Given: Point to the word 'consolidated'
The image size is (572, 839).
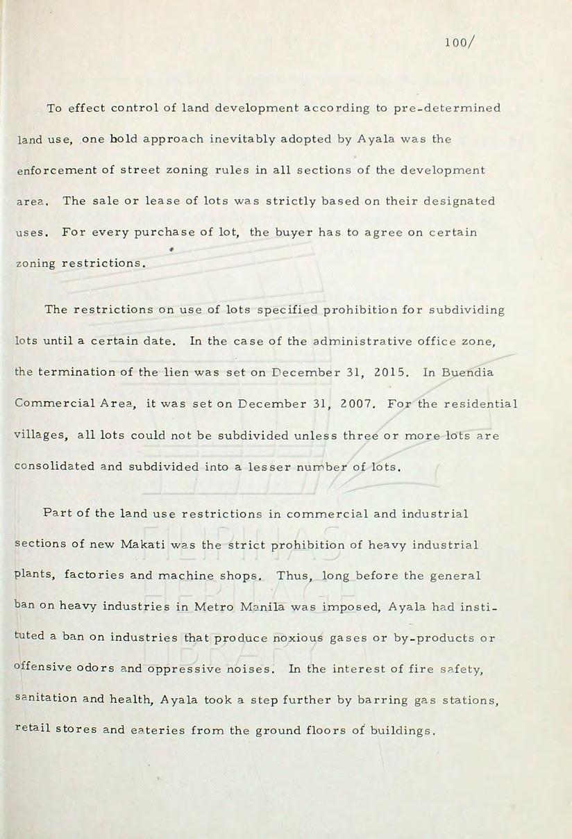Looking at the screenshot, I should point(54,467).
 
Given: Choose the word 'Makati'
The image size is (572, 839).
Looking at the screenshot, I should point(144,545).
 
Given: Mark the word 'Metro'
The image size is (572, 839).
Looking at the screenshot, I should point(214,606).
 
